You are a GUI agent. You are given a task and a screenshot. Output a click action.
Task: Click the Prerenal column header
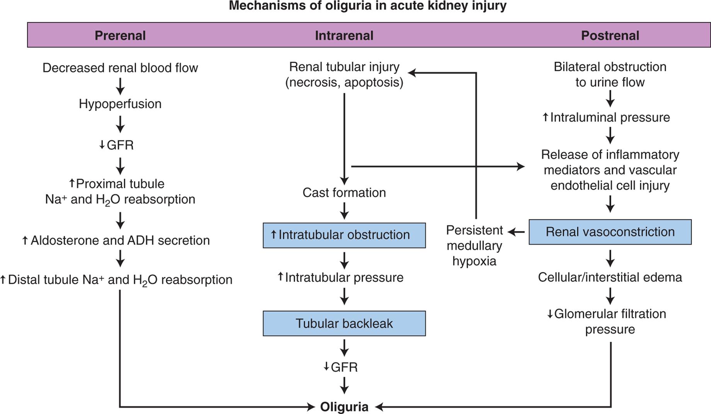[x=120, y=36]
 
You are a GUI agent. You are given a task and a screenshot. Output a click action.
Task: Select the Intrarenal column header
[x=344, y=36]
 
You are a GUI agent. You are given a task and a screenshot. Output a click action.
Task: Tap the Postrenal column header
[x=610, y=36]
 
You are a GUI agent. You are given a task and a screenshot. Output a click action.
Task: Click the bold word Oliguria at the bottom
[x=344, y=407]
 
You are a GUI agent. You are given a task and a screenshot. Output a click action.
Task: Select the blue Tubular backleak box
[x=344, y=323]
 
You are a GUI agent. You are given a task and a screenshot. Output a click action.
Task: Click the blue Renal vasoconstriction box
[x=610, y=232]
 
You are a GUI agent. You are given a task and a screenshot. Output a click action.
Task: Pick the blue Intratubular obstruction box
[x=344, y=235]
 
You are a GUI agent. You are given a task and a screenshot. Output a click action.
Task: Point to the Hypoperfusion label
[x=120, y=103]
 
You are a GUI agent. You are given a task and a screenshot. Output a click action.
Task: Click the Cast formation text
[x=344, y=192]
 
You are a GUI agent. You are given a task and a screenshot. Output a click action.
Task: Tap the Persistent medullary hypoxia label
[x=474, y=246]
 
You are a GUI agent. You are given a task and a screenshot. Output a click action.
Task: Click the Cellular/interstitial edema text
[x=610, y=277]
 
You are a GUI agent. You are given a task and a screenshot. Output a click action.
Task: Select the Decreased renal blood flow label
[x=120, y=68]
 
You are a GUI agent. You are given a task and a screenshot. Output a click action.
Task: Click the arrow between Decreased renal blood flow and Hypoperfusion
[x=120, y=86]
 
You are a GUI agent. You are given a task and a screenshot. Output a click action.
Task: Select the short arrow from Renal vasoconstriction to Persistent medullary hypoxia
[x=516, y=232]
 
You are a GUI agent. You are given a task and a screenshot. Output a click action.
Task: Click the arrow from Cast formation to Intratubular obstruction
[x=344, y=211]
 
